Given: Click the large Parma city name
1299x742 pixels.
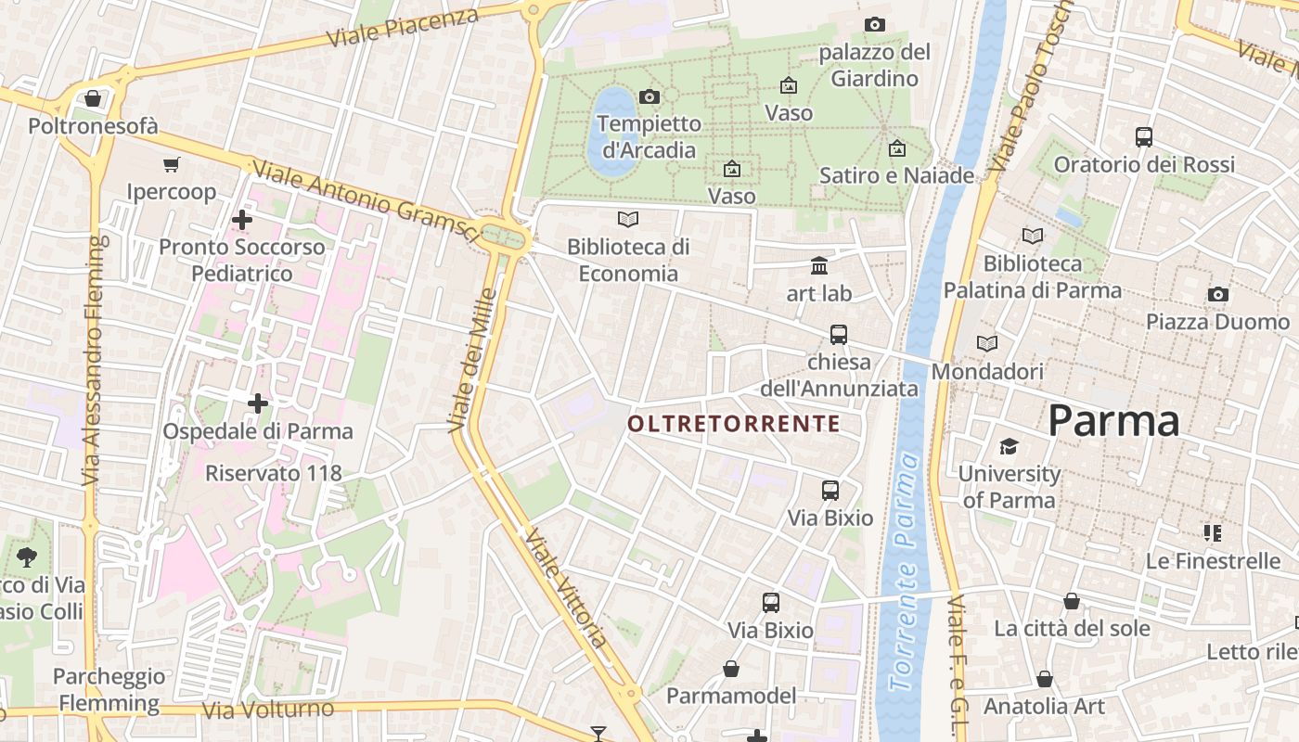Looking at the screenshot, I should tap(1113, 422).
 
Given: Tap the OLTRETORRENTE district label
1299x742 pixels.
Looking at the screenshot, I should tap(733, 425).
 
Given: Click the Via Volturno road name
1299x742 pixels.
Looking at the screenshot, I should tap(267, 710).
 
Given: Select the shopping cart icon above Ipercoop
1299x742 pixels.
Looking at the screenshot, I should tap(171, 165).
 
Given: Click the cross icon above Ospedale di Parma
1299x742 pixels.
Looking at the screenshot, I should tap(258, 403).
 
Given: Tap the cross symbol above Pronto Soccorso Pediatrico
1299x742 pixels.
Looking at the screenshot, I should tap(242, 220).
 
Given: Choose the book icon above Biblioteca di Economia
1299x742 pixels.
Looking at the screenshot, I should tap(628, 220).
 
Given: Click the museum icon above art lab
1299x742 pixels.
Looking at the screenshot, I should tap(819, 267).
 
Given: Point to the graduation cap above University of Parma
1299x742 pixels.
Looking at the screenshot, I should tap(1009, 446).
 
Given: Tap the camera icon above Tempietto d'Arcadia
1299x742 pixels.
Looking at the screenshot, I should tap(649, 96).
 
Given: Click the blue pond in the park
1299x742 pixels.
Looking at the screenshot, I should tap(610, 130).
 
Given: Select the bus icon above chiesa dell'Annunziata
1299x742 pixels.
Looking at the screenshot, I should tap(839, 334).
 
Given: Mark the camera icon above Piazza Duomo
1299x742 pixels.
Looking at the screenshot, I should tap(1217, 295).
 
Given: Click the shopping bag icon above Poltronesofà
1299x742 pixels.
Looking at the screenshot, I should tap(93, 98).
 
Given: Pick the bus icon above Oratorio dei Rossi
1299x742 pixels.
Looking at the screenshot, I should tap(1144, 137).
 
